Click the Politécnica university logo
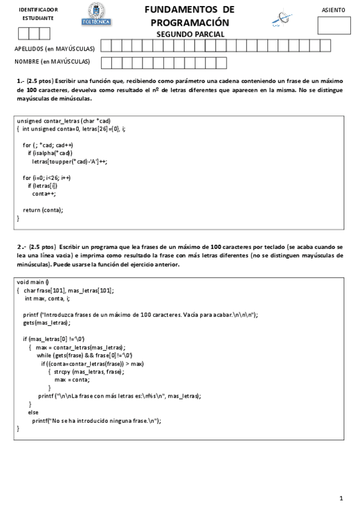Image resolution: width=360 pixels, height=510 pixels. (x=96, y=14)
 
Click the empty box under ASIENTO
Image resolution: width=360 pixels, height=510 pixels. (x=334, y=25)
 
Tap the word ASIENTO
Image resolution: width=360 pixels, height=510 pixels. (x=334, y=10)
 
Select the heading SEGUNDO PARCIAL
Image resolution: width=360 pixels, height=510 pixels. (x=191, y=34)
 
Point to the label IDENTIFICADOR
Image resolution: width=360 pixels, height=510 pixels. (x=38, y=10)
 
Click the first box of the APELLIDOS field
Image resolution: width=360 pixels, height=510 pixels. (x=106, y=46)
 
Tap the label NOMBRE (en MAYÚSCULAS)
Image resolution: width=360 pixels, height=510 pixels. (x=52, y=61)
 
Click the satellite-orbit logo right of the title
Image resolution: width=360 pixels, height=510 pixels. (x=280, y=19)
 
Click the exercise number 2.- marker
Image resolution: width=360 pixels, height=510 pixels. (x=21, y=247)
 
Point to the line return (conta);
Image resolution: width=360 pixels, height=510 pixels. (x=43, y=210)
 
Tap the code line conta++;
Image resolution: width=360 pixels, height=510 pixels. (x=44, y=194)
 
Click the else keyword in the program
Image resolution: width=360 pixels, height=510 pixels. (x=33, y=413)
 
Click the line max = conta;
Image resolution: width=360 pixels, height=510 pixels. (x=72, y=379)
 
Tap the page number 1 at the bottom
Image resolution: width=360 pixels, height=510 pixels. (x=341, y=498)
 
